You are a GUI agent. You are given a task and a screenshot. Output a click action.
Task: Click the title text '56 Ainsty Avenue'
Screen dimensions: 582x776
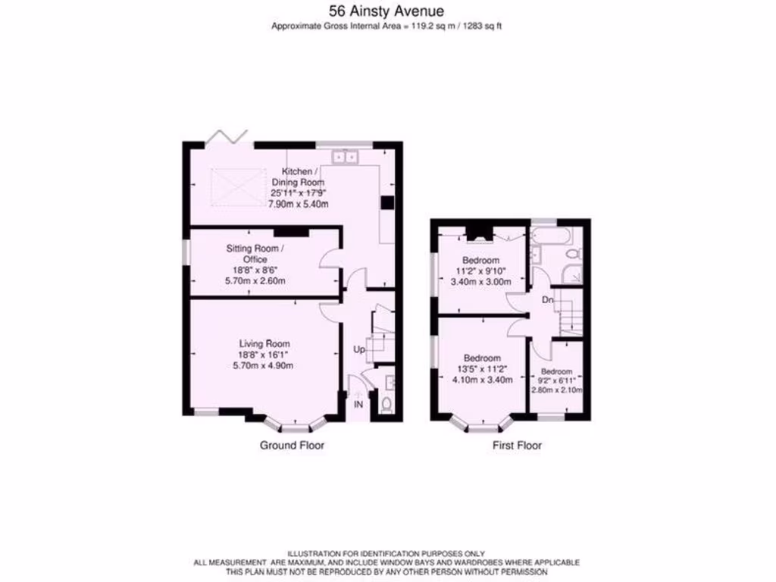coord(387,11)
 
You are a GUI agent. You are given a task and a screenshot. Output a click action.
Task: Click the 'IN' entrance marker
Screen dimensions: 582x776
coord(358,405)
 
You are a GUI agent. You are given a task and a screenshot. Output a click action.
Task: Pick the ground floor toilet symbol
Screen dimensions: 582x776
coord(386,404)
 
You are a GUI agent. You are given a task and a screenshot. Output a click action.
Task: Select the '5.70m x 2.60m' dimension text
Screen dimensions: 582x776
coord(255,281)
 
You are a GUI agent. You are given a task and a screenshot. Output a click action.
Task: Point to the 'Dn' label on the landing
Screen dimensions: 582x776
coord(547,301)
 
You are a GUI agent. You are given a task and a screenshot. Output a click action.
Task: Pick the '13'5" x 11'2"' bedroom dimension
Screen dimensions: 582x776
coord(482,369)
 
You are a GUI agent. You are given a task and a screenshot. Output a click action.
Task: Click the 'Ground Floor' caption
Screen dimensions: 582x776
coord(292,446)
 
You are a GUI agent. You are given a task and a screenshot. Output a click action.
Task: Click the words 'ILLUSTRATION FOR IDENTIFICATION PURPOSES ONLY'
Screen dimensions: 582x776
coord(386,554)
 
